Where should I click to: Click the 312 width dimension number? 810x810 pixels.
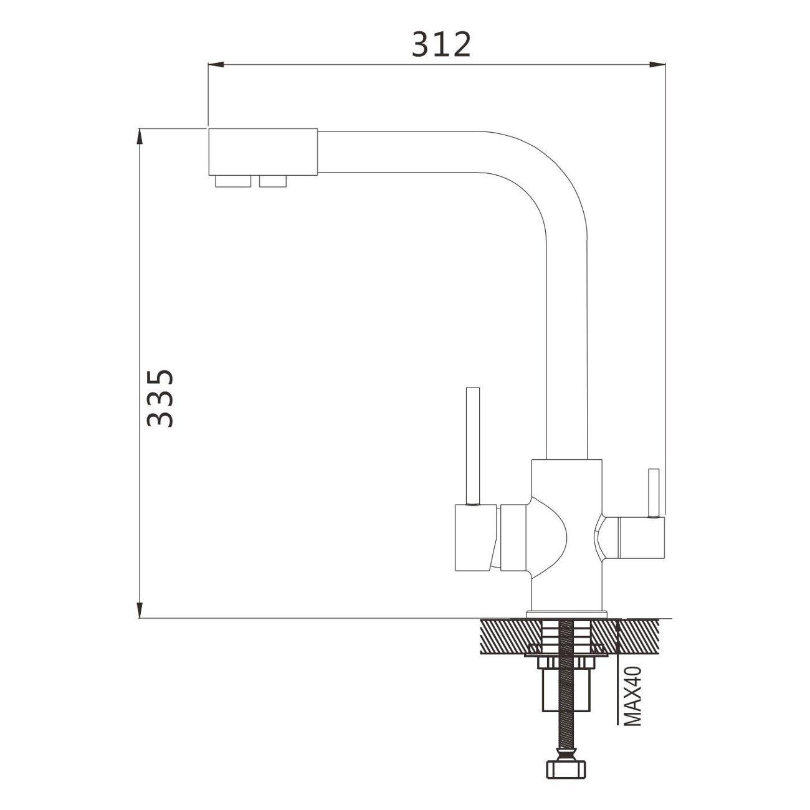441,45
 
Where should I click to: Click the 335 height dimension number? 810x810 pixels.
160,398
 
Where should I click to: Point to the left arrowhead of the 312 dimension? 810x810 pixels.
216,64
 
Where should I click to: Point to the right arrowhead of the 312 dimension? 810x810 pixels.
657,64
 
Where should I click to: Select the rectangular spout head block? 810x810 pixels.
263,152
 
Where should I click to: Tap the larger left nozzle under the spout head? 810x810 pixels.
233,181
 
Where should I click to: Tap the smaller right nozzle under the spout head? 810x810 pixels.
273,181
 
